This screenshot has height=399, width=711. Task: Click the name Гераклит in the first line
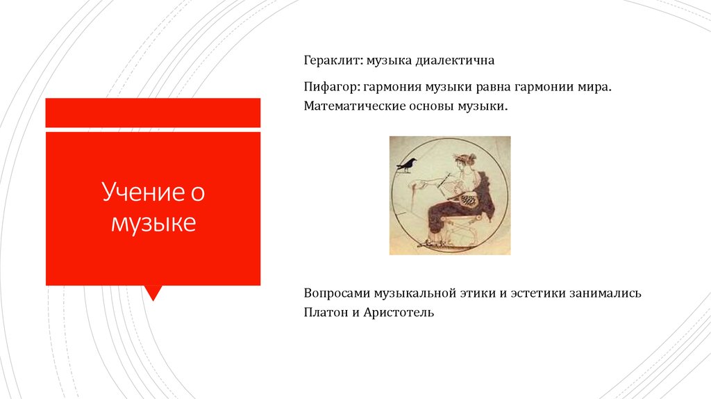pyautogui.click(x=330, y=61)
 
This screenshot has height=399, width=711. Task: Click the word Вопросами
pyautogui.click(x=336, y=293)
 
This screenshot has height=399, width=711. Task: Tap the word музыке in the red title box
pyautogui.click(x=153, y=223)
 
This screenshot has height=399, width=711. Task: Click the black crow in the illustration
pyautogui.click(x=405, y=165)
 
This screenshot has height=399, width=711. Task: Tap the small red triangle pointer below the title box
pyautogui.click(x=153, y=293)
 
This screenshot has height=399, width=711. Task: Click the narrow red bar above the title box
pyautogui.click(x=153, y=113)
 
